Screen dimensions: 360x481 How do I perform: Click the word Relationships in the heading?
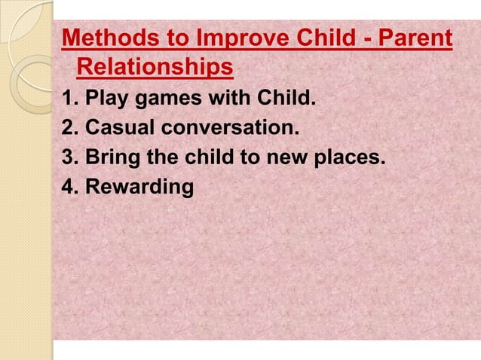(x=155, y=68)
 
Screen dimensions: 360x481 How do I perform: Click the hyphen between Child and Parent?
(x=354, y=39)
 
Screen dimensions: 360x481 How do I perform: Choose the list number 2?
(x=67, y=128)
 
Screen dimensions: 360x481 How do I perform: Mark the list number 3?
(x=67, y=157)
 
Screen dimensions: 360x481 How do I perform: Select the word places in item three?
(x=348, y=158)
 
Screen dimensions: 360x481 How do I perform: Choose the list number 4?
(x=67, y=187)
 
